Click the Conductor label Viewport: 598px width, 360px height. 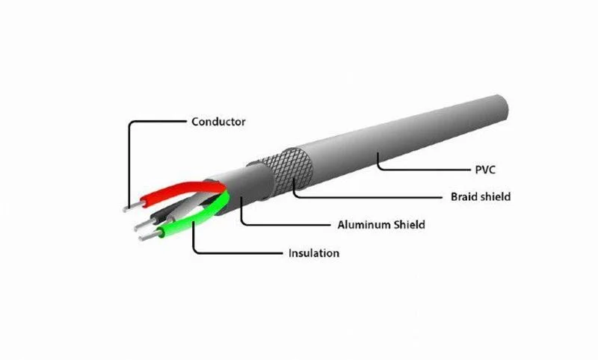pos(218,121)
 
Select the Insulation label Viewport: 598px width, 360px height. pos(313,253)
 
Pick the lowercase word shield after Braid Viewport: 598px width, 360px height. pos(496,197)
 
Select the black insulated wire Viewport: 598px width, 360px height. pos(161,213)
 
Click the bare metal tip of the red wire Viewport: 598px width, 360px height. pos(129,204)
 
